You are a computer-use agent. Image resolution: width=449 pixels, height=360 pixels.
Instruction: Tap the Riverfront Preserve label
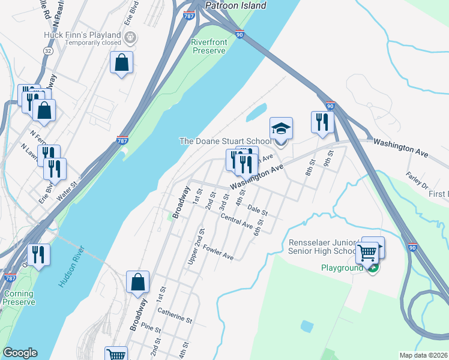[208, 46]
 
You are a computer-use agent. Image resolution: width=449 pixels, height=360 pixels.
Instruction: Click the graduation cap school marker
[281, 130]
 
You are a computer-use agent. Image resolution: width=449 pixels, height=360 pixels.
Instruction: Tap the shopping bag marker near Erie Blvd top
[121, 62]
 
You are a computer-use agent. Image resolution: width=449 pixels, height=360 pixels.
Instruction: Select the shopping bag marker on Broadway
[138, 283]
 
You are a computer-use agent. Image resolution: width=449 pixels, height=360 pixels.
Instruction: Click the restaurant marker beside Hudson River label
[38, 254]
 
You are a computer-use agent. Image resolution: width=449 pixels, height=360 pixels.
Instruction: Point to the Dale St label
[257, 211]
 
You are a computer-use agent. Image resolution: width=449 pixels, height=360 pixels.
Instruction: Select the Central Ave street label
[237, 221]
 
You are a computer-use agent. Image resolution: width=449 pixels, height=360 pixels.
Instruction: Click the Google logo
[20, 353]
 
